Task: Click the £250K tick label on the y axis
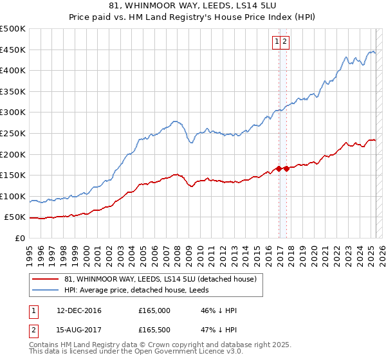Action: click(13, 133)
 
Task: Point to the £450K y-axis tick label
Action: click(13, 50)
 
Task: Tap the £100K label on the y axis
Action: click(13, 196)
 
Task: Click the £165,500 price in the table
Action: click(154, 332)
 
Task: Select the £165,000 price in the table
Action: click(154, 310)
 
